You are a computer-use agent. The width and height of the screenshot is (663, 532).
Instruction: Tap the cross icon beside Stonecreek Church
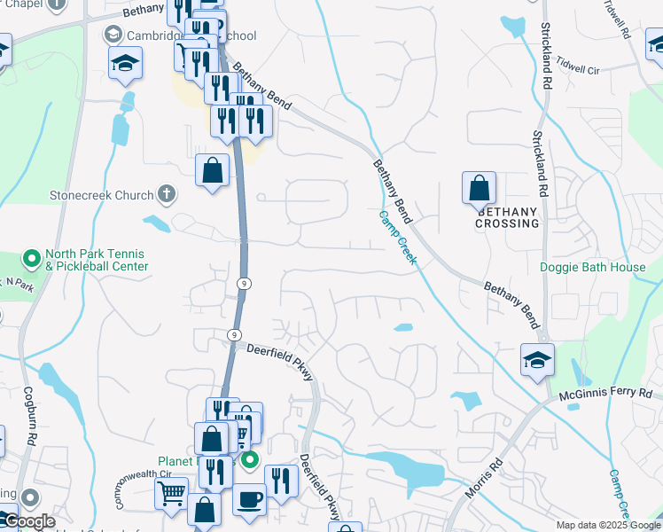point(166,193)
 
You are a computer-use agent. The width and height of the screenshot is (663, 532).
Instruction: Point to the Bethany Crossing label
point(507,217)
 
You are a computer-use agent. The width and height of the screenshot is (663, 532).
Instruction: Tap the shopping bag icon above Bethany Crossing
point(479,188)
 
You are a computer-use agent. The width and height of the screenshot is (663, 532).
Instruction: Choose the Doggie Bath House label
point(593,267)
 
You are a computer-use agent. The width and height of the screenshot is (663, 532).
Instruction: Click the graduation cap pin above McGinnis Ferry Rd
point(537,360)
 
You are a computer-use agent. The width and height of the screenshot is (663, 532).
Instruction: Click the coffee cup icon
point(249,498)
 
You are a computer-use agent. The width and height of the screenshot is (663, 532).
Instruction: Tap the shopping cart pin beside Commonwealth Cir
point(171,490)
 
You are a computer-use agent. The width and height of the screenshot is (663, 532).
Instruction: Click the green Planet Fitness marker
point(250,459)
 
